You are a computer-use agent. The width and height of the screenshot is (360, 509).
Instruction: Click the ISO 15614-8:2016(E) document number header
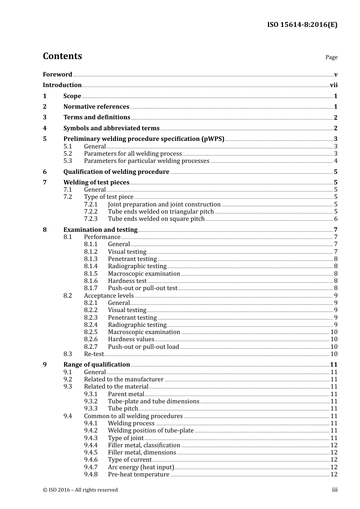tap(302, 25)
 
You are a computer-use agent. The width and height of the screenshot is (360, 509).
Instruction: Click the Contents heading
tap(62, 56)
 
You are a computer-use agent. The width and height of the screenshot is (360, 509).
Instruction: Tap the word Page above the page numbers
tap(331, 57)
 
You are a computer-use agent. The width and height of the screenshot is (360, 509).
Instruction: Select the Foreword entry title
tap(57, 74)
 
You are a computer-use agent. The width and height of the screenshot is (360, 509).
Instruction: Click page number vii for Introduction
tap(333, 85)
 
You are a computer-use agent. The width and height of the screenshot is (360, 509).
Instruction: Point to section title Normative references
tap(96, 107)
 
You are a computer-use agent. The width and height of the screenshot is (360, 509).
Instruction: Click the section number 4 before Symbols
tap(45, 128)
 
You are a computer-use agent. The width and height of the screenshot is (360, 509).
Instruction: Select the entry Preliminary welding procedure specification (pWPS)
tap(144, 139)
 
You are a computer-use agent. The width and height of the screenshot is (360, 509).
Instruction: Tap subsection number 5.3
tap(67, 161)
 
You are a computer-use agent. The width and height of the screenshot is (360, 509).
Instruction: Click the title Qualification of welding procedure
tap(116, 172)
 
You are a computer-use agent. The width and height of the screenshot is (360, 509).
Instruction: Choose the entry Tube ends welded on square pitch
tap(156, 219)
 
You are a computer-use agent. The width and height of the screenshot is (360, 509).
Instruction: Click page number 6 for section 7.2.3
tap(336, 219)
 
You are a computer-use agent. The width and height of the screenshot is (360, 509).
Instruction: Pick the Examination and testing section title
tap(100, 230)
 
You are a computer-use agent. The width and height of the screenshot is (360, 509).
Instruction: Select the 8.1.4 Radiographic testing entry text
tap(137, 266)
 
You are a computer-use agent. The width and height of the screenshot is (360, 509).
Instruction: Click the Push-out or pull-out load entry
tap(143, 347)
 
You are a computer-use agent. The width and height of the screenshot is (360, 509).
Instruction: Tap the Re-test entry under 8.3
tap(94, 354)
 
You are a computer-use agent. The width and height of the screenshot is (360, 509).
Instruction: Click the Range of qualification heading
tap(97, 365)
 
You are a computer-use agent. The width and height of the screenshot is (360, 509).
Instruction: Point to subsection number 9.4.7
tap(91, 467)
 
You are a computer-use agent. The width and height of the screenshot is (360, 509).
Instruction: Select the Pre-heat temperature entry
tap(138, 475)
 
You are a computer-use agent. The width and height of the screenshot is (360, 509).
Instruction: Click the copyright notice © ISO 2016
tap(80, 490)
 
